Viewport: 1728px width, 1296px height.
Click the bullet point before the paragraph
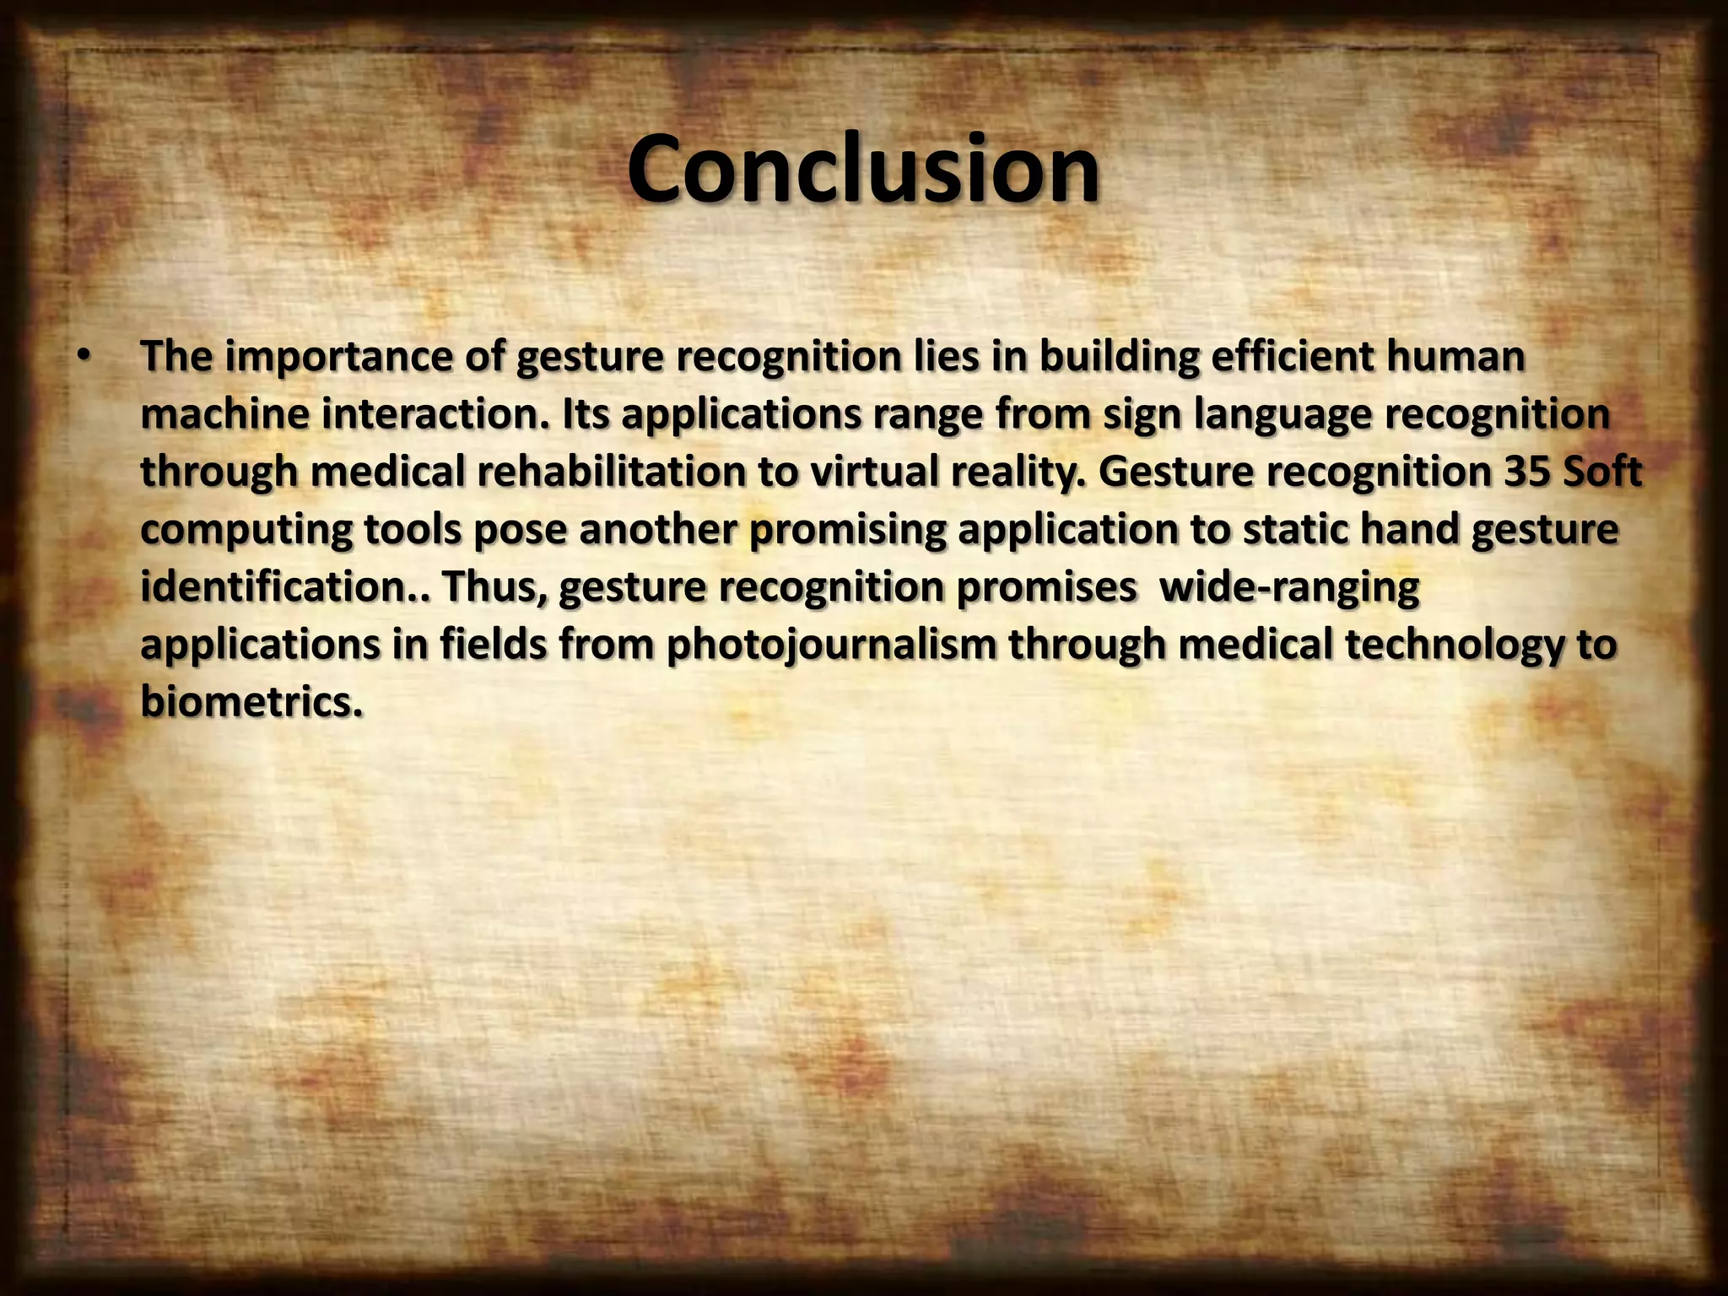coord(81,357)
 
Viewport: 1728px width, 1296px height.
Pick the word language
coord(1289,415)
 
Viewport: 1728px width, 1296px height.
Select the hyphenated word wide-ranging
coord(1289,587)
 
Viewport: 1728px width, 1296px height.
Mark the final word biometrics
coord(251,702)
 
